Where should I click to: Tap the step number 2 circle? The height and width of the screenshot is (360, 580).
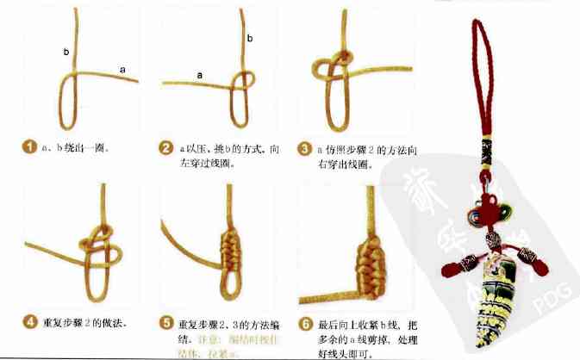coord(167,147)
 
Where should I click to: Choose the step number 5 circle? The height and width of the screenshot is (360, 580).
coord(167,323)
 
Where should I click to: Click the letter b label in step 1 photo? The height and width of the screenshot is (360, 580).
coord(65,52)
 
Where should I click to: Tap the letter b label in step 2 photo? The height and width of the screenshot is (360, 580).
coord(250,39)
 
